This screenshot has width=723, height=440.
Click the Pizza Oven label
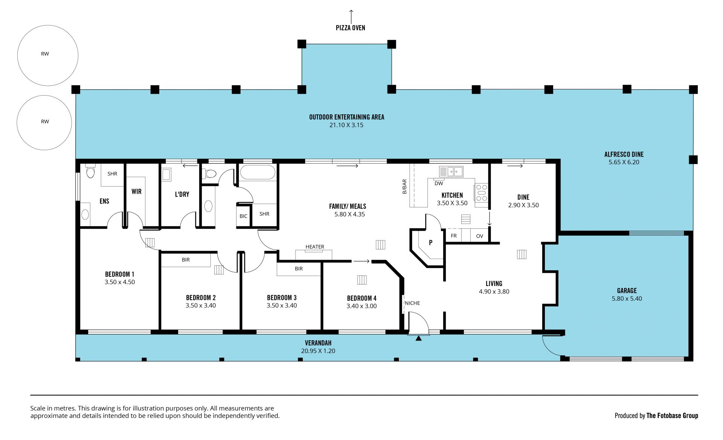[350, 28]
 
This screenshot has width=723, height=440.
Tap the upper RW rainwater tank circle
[48, 26]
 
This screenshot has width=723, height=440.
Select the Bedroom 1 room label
[120, 274]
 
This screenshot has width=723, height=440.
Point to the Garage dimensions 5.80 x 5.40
[627, 298]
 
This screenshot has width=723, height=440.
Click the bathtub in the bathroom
[258, 172]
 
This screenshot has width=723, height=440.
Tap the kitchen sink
[451, 172]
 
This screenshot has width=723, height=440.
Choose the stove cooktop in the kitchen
[482, 193]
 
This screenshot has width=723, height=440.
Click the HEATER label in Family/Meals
[315, 247]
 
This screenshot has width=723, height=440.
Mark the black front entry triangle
[418, 338]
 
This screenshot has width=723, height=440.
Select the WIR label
[136, 192]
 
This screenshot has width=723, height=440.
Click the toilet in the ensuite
[90, 171]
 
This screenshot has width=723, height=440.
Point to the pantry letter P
[430, 243]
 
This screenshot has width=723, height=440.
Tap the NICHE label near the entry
[412, 303]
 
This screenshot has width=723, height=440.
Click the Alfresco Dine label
[624, 154]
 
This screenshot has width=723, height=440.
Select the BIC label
[244, 216]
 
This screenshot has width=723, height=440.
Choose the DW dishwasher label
[439, 184]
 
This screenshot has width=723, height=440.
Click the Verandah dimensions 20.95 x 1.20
[318, 351]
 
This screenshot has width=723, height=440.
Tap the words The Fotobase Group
[672, 416]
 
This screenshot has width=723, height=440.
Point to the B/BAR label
[404, 187]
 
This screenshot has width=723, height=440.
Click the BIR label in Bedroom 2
[186, 260]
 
